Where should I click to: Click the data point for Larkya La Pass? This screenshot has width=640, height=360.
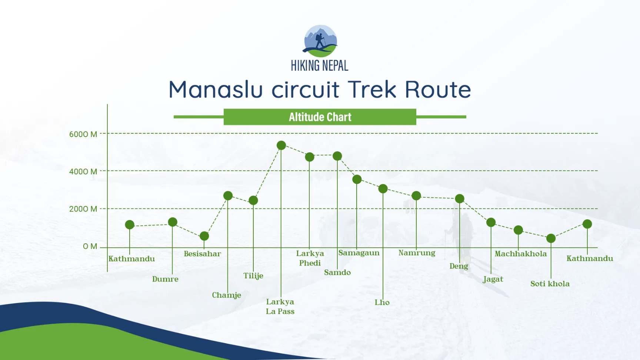tap(281, 145)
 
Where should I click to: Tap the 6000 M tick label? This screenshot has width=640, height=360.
tap(83, 134)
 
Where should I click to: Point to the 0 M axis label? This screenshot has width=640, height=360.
tap(90, 246)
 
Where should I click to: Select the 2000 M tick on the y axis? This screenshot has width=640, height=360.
tap(83, 209)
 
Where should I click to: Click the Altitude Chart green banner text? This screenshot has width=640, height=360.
tap(320, 117)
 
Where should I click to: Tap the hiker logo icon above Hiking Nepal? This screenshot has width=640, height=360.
tap(320, 41)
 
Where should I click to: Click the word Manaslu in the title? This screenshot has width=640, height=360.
tap(216, 89)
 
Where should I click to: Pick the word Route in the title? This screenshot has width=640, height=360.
tap(438, 89)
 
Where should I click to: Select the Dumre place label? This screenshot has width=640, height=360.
tap(165, 279)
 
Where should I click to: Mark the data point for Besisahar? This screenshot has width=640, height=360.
tap(204, 236)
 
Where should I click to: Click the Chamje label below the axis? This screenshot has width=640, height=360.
tap(226, 295)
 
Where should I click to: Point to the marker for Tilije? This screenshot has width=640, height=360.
tap(253, 200)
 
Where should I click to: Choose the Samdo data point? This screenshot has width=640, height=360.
tap(337, 156)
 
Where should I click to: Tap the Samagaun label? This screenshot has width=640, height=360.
tap(359, 253)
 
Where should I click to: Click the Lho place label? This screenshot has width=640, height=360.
tap(382, 302)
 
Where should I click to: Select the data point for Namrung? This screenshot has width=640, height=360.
tap(416, 196)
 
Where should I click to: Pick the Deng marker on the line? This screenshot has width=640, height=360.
tap(460, 199)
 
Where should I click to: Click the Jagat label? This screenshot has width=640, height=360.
tap(493, 279)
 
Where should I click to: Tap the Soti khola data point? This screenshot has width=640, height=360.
tap(551, 238)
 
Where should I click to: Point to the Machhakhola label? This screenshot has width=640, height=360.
tap(520, 254)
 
